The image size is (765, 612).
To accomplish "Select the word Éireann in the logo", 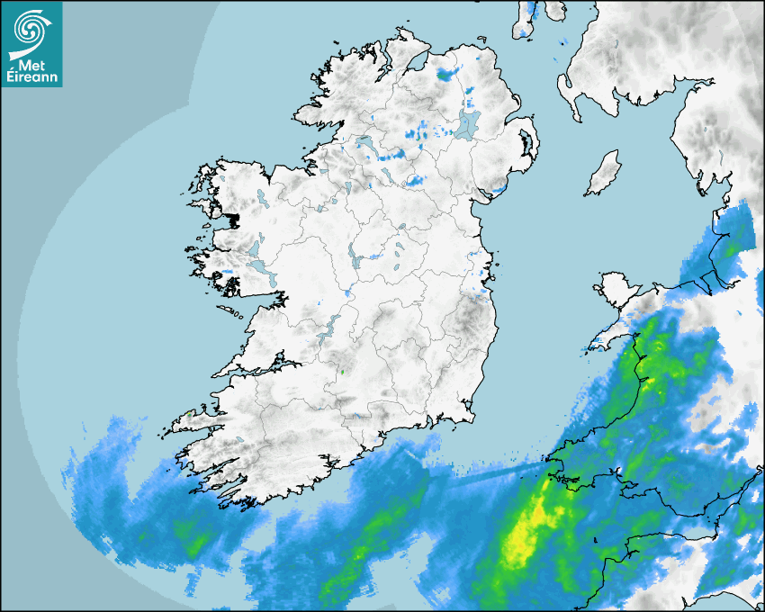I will [x=32, y=76].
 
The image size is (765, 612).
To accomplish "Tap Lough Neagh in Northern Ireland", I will [x=469, y=123].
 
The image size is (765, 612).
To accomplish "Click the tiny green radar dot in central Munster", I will [x=342, y=370].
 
